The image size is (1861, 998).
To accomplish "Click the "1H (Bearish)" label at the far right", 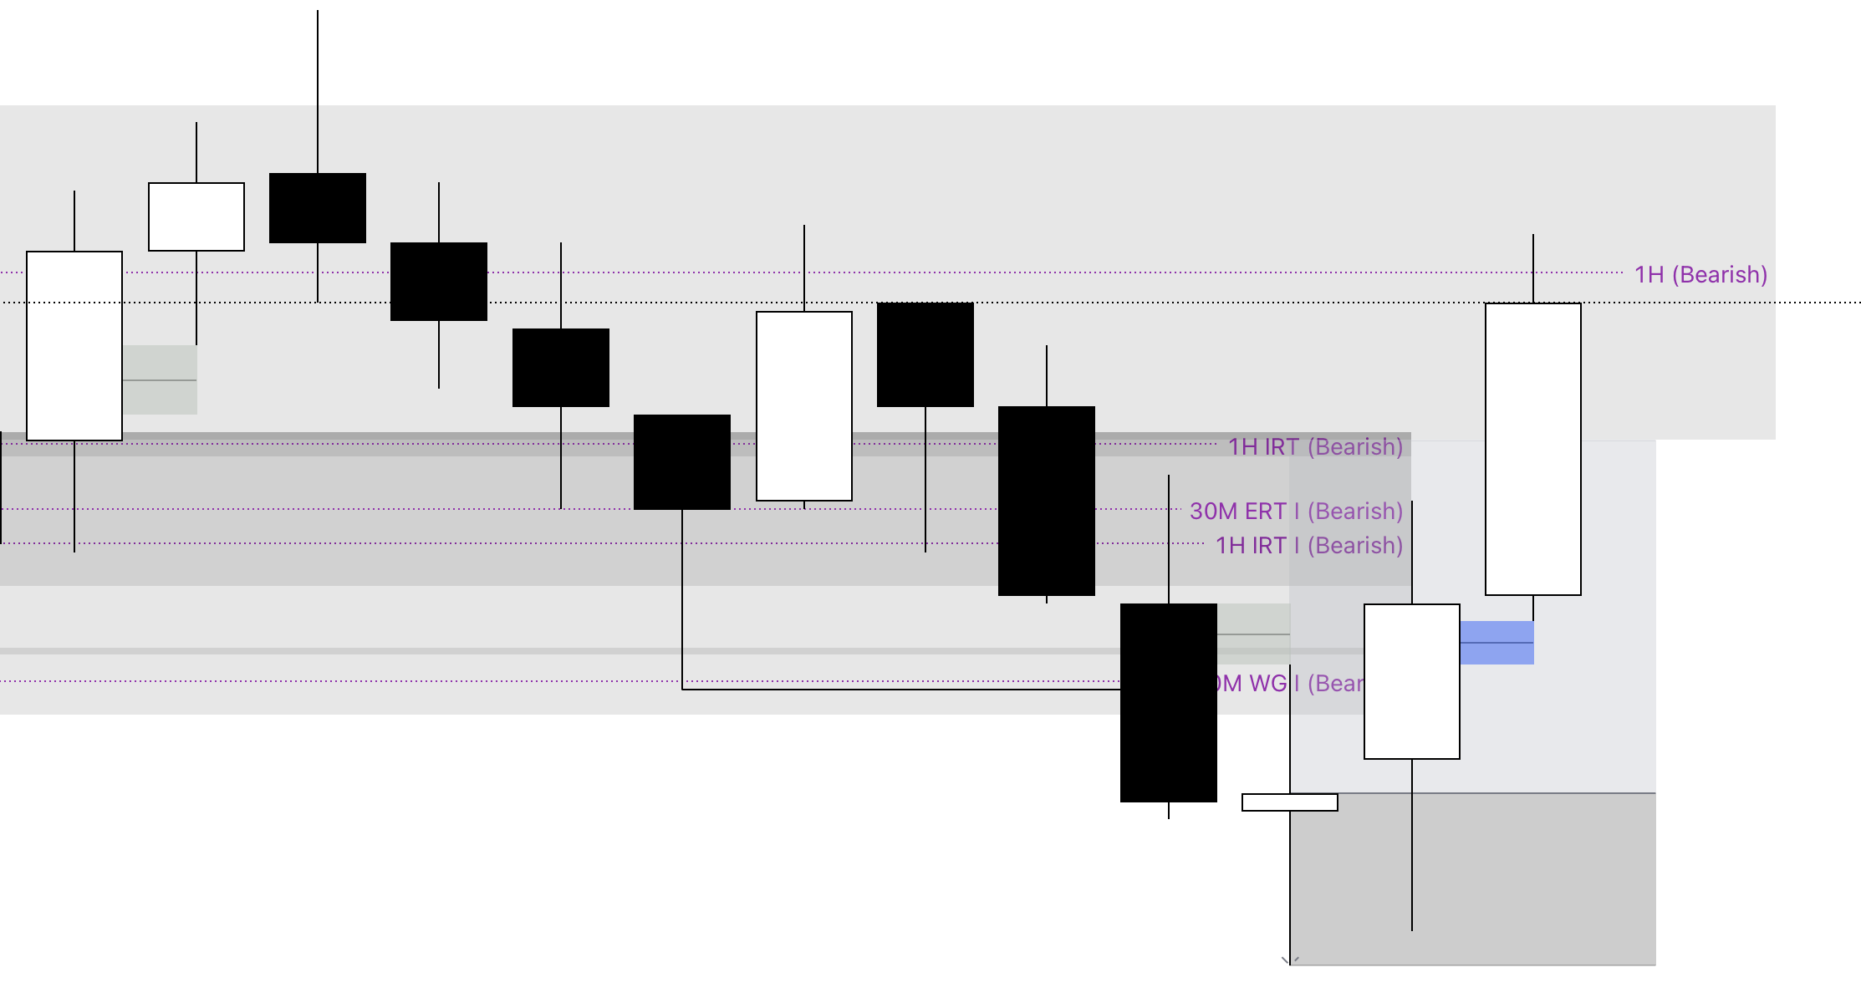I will click(1700, 274).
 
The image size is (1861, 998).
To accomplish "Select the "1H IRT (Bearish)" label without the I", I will click(1315, 446).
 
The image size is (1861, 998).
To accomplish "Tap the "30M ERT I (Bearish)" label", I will click(1296, 511).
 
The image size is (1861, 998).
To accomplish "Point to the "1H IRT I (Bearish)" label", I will click(1308, 545).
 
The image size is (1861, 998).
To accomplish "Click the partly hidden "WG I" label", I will click(1287, 684).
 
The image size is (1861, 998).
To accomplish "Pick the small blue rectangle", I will click(1496, 642).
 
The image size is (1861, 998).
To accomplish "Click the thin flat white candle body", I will click(1289, 802).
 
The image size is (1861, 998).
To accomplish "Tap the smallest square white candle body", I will click(196, 216).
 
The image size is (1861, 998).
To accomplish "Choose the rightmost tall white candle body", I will click(1532, 449).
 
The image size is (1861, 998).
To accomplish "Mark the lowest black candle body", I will click(1168, 702).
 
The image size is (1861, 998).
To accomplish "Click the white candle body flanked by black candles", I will click(804, 406).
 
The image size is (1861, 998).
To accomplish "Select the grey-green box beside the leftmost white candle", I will click(160, 379).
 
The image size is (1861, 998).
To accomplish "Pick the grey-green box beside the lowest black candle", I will click(1253, 634).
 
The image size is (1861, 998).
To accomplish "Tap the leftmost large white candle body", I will click(74, 345).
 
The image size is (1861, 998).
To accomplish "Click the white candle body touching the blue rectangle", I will click(1411, 681).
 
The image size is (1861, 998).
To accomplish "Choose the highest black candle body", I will click(318, 208).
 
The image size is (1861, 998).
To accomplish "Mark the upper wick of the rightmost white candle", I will click(1533, 268).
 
